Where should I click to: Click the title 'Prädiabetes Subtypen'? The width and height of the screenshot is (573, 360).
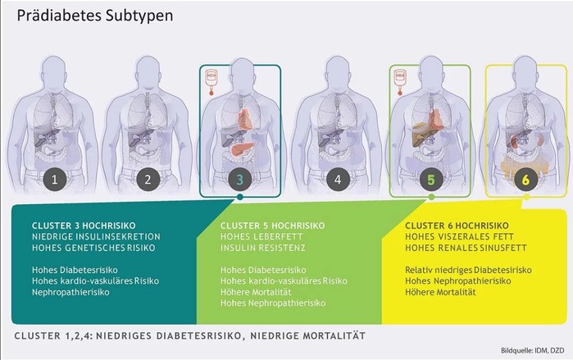95,16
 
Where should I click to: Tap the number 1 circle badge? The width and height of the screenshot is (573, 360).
54,180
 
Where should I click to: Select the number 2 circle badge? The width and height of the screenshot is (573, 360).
148,180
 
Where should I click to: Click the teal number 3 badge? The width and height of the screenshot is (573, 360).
239,180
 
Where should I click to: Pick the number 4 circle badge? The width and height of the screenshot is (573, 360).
338,180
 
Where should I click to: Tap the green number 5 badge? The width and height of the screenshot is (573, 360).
431,180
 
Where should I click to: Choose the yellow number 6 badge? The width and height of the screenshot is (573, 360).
525,180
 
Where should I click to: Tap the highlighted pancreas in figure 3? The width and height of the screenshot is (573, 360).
243,148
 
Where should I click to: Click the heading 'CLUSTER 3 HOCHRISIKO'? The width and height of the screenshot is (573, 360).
84,226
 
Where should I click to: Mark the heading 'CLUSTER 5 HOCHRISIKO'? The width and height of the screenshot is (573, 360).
273,226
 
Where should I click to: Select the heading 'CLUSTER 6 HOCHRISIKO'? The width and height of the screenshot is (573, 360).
457,226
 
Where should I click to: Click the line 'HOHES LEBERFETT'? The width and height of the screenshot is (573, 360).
261,237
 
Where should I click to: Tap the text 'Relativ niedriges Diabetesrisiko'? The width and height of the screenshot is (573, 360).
468,270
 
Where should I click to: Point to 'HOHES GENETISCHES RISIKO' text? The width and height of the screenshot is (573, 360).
93,248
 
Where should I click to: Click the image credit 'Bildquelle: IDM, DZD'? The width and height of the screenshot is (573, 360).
533,350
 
